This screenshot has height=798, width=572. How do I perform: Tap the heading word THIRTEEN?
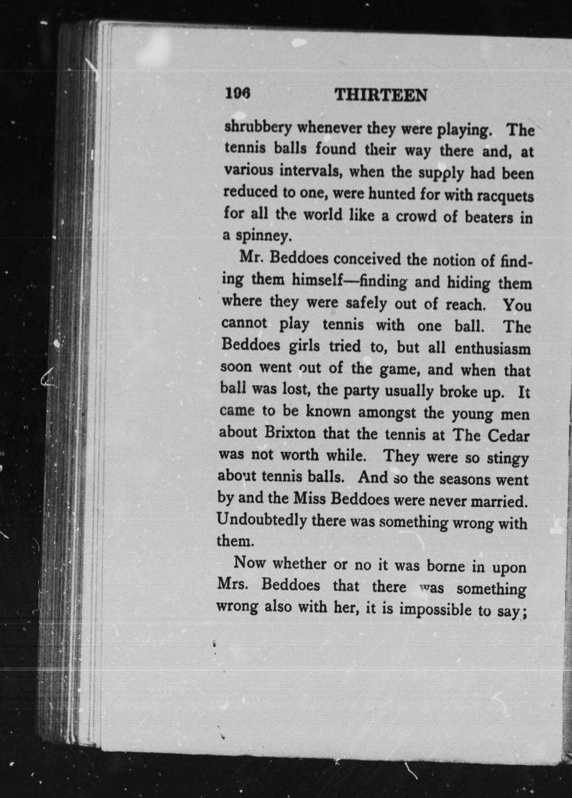(381, 96)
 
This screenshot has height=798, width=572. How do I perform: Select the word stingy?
(508, 459)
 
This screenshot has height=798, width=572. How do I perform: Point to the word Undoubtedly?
(262, 520)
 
